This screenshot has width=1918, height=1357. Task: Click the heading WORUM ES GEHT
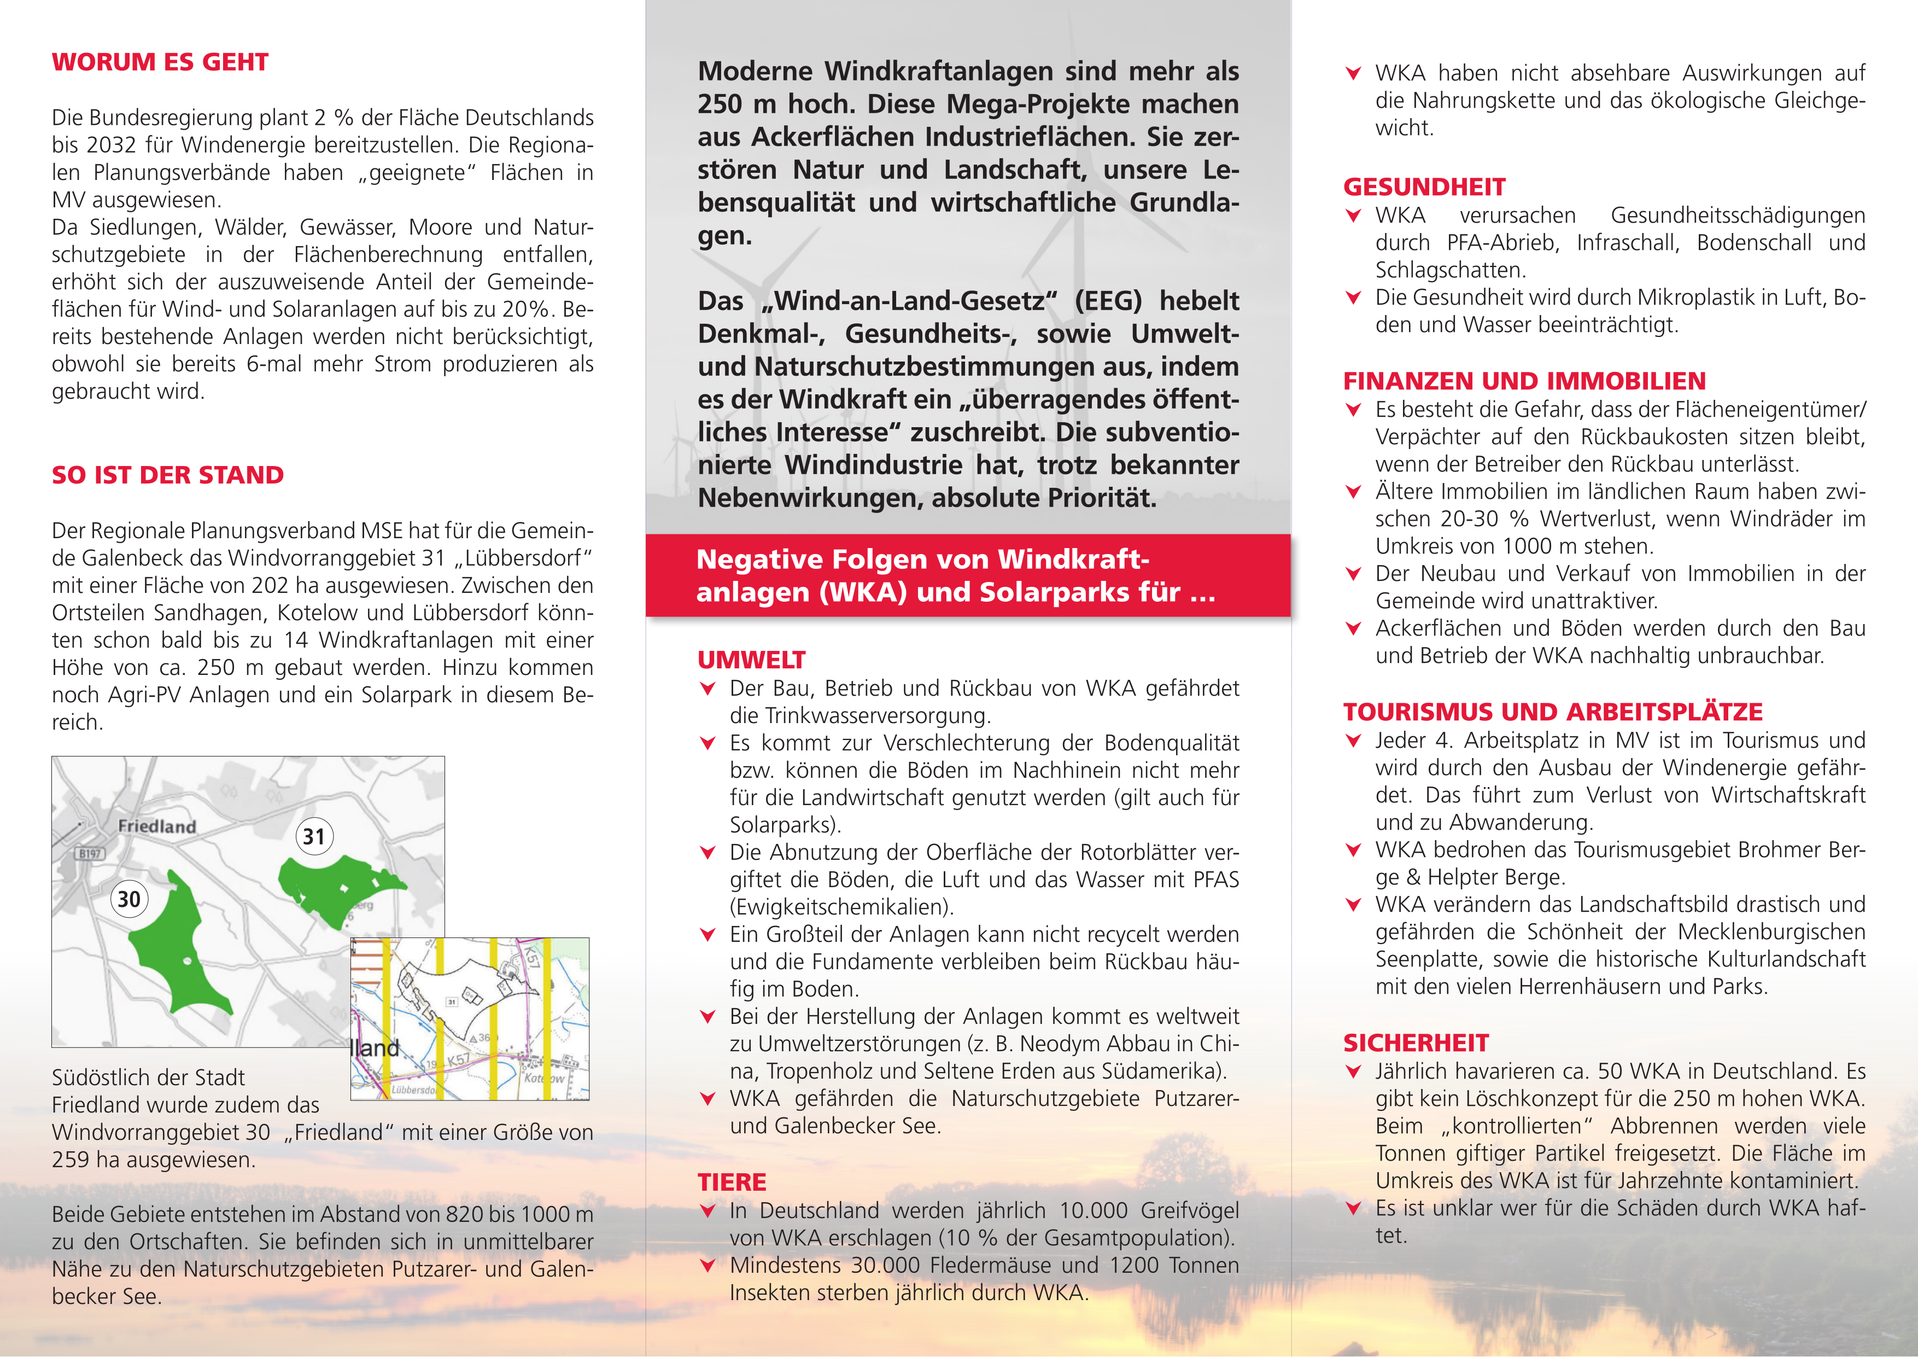(x=160, y=63)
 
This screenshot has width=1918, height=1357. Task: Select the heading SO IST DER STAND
(x=167, y=475)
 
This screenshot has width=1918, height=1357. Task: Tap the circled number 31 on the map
(x=314, y=836)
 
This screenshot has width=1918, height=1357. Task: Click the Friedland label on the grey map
(x=157, y=826)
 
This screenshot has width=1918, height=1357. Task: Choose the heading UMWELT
(x=751, y=660)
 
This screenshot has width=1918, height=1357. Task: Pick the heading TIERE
(x=732, y=1183)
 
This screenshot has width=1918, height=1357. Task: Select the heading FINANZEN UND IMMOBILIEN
(x=1524, y=381)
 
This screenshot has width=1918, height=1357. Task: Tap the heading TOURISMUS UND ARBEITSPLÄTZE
(x=1552, y=712)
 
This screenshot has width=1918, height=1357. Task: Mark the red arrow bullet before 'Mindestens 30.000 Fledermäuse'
(x=707, y=1266)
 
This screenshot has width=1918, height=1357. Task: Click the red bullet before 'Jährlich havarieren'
(x=1354, y=1072)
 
